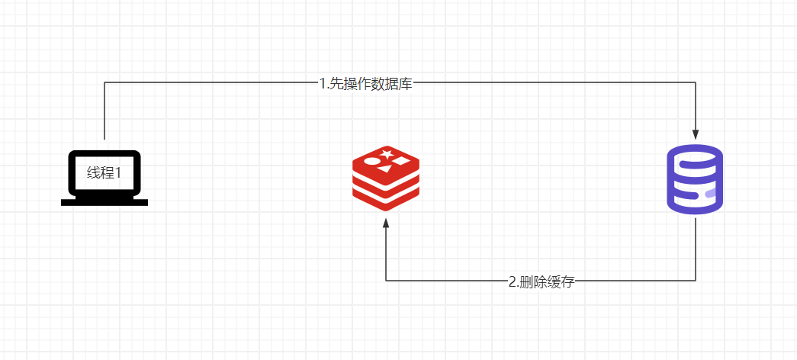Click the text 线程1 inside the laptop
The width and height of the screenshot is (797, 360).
104,173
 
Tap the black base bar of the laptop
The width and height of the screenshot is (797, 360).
104,202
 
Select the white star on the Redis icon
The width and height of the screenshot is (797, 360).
386,153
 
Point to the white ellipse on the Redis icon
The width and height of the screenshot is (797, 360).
373,162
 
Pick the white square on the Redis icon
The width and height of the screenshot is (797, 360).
400,160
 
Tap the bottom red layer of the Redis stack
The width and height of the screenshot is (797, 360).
386,201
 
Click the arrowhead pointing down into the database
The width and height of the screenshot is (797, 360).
696,134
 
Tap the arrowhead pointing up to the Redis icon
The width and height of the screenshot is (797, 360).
386,223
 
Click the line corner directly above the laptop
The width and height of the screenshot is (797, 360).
104,82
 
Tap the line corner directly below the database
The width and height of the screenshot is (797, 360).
696,280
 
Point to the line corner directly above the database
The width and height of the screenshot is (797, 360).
696,82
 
